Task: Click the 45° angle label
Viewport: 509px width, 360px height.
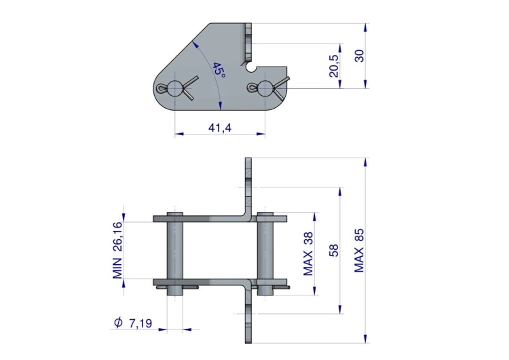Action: [x=219, y=70]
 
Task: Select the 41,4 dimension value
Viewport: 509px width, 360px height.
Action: [x=220, y=128]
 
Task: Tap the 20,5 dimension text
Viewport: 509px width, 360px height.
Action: [x=334, y=66]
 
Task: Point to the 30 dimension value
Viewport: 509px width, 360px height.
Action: [x=359, y=56]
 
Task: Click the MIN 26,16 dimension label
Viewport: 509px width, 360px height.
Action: [x=118, y=250]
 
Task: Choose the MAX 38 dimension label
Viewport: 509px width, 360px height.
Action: [x=308, y=254]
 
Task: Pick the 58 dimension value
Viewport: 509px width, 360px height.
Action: [x=334, y=251]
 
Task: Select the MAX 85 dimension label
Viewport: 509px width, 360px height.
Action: [x=359, y=251]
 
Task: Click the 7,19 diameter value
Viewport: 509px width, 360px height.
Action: [x=140, y=323]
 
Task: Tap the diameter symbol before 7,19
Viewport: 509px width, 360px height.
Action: [x=119, y=323]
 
